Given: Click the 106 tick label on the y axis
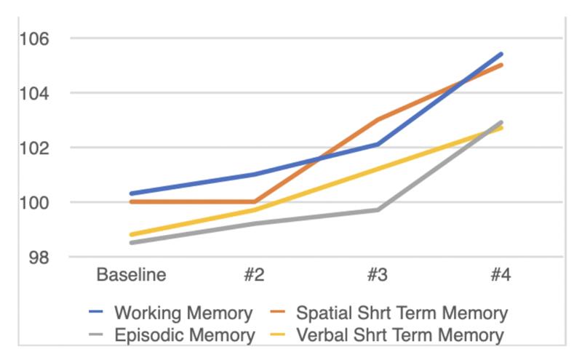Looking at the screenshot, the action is coord(33,39).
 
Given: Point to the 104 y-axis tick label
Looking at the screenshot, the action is coord(33,93).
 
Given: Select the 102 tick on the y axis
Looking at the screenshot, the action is coord(33,148).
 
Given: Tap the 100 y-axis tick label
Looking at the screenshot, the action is coord(33,203).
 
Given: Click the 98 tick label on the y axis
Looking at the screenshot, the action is coord(39,257).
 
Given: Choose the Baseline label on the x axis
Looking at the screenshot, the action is coord(131,275).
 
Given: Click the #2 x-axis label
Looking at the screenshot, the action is coord(254,275).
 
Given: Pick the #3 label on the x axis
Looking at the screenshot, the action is coord(378,275).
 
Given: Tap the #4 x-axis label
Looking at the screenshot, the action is coord(501,275).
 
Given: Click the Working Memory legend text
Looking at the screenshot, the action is coord(183,313).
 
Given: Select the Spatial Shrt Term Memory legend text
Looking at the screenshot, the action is coord(402,313).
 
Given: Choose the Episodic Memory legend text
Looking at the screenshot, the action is coord(185,335).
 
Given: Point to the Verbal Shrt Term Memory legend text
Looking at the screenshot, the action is coord(400,335).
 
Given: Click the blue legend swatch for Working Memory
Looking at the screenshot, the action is coord(96,312).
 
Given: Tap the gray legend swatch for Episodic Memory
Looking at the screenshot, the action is coord(96,334).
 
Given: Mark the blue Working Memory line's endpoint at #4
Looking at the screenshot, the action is coord(501,55).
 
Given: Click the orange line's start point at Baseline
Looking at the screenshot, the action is coord(132,202).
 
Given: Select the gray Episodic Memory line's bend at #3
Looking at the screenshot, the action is coord(378,210).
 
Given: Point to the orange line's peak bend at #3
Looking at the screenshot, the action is coord(378,119).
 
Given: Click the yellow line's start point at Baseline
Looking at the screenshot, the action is coord(132,235).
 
